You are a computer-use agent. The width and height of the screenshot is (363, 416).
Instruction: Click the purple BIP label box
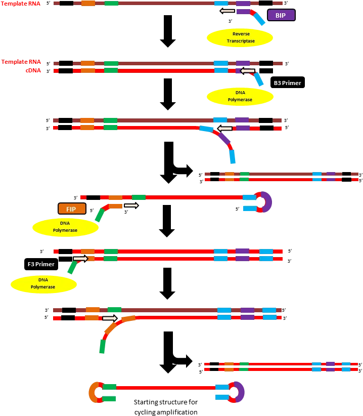coord(281,15)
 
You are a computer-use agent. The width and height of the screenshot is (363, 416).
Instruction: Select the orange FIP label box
coord(72,209)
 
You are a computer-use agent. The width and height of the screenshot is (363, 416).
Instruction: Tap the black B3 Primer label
coord(288,82)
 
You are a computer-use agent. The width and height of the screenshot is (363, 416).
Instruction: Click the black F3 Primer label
coord(41,264)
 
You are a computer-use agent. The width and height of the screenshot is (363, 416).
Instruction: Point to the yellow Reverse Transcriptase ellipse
coord(240,37)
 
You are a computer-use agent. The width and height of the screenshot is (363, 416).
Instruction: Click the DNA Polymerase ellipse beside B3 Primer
coord(240,96)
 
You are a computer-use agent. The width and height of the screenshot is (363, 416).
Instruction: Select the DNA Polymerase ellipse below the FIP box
coord(65,227)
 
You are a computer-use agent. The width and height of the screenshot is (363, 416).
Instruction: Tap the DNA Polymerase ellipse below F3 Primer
coord(43,283)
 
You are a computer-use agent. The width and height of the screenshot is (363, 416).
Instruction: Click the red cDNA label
coord(33,70)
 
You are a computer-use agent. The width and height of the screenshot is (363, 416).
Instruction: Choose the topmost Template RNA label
coord(21,4)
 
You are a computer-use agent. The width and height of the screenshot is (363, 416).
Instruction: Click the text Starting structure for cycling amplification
coord(166,407)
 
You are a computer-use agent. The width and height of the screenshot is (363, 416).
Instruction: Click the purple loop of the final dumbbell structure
coord(240,392)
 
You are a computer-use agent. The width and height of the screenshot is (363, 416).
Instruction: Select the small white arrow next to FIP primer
coord(131,205)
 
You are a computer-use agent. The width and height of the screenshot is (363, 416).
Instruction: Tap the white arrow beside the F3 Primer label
coord(81,259)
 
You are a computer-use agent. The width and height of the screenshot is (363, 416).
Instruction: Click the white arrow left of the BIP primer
coord(228,11)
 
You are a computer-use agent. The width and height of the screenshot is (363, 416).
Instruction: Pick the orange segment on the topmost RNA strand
coord(88,3)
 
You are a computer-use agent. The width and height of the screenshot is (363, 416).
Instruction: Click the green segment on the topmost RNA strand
coord(112,3)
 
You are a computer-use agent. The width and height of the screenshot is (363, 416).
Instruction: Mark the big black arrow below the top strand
coord(168,31)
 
